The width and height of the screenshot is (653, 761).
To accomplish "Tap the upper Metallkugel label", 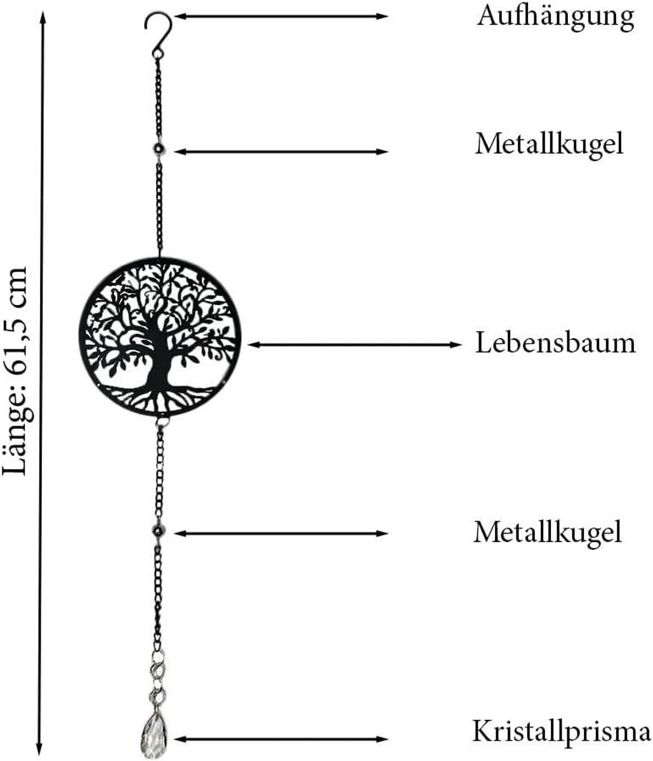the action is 549,145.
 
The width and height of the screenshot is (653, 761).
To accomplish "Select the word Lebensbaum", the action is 555,342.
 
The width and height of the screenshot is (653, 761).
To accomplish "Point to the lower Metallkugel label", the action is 548,532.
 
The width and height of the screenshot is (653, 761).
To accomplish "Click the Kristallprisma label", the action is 561,732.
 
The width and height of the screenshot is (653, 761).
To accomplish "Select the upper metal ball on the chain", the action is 159,149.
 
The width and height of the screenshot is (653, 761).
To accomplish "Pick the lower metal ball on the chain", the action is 159,531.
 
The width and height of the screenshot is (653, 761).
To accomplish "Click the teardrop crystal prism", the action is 154,735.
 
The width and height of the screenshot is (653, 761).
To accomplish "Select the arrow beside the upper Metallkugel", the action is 280,152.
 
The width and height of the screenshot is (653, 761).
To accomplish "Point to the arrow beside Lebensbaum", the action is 354,344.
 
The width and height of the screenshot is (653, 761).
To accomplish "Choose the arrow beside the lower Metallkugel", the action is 280,533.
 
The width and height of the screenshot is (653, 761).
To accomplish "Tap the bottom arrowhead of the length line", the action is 39,746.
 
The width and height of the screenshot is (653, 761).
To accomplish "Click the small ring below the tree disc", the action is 162,422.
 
